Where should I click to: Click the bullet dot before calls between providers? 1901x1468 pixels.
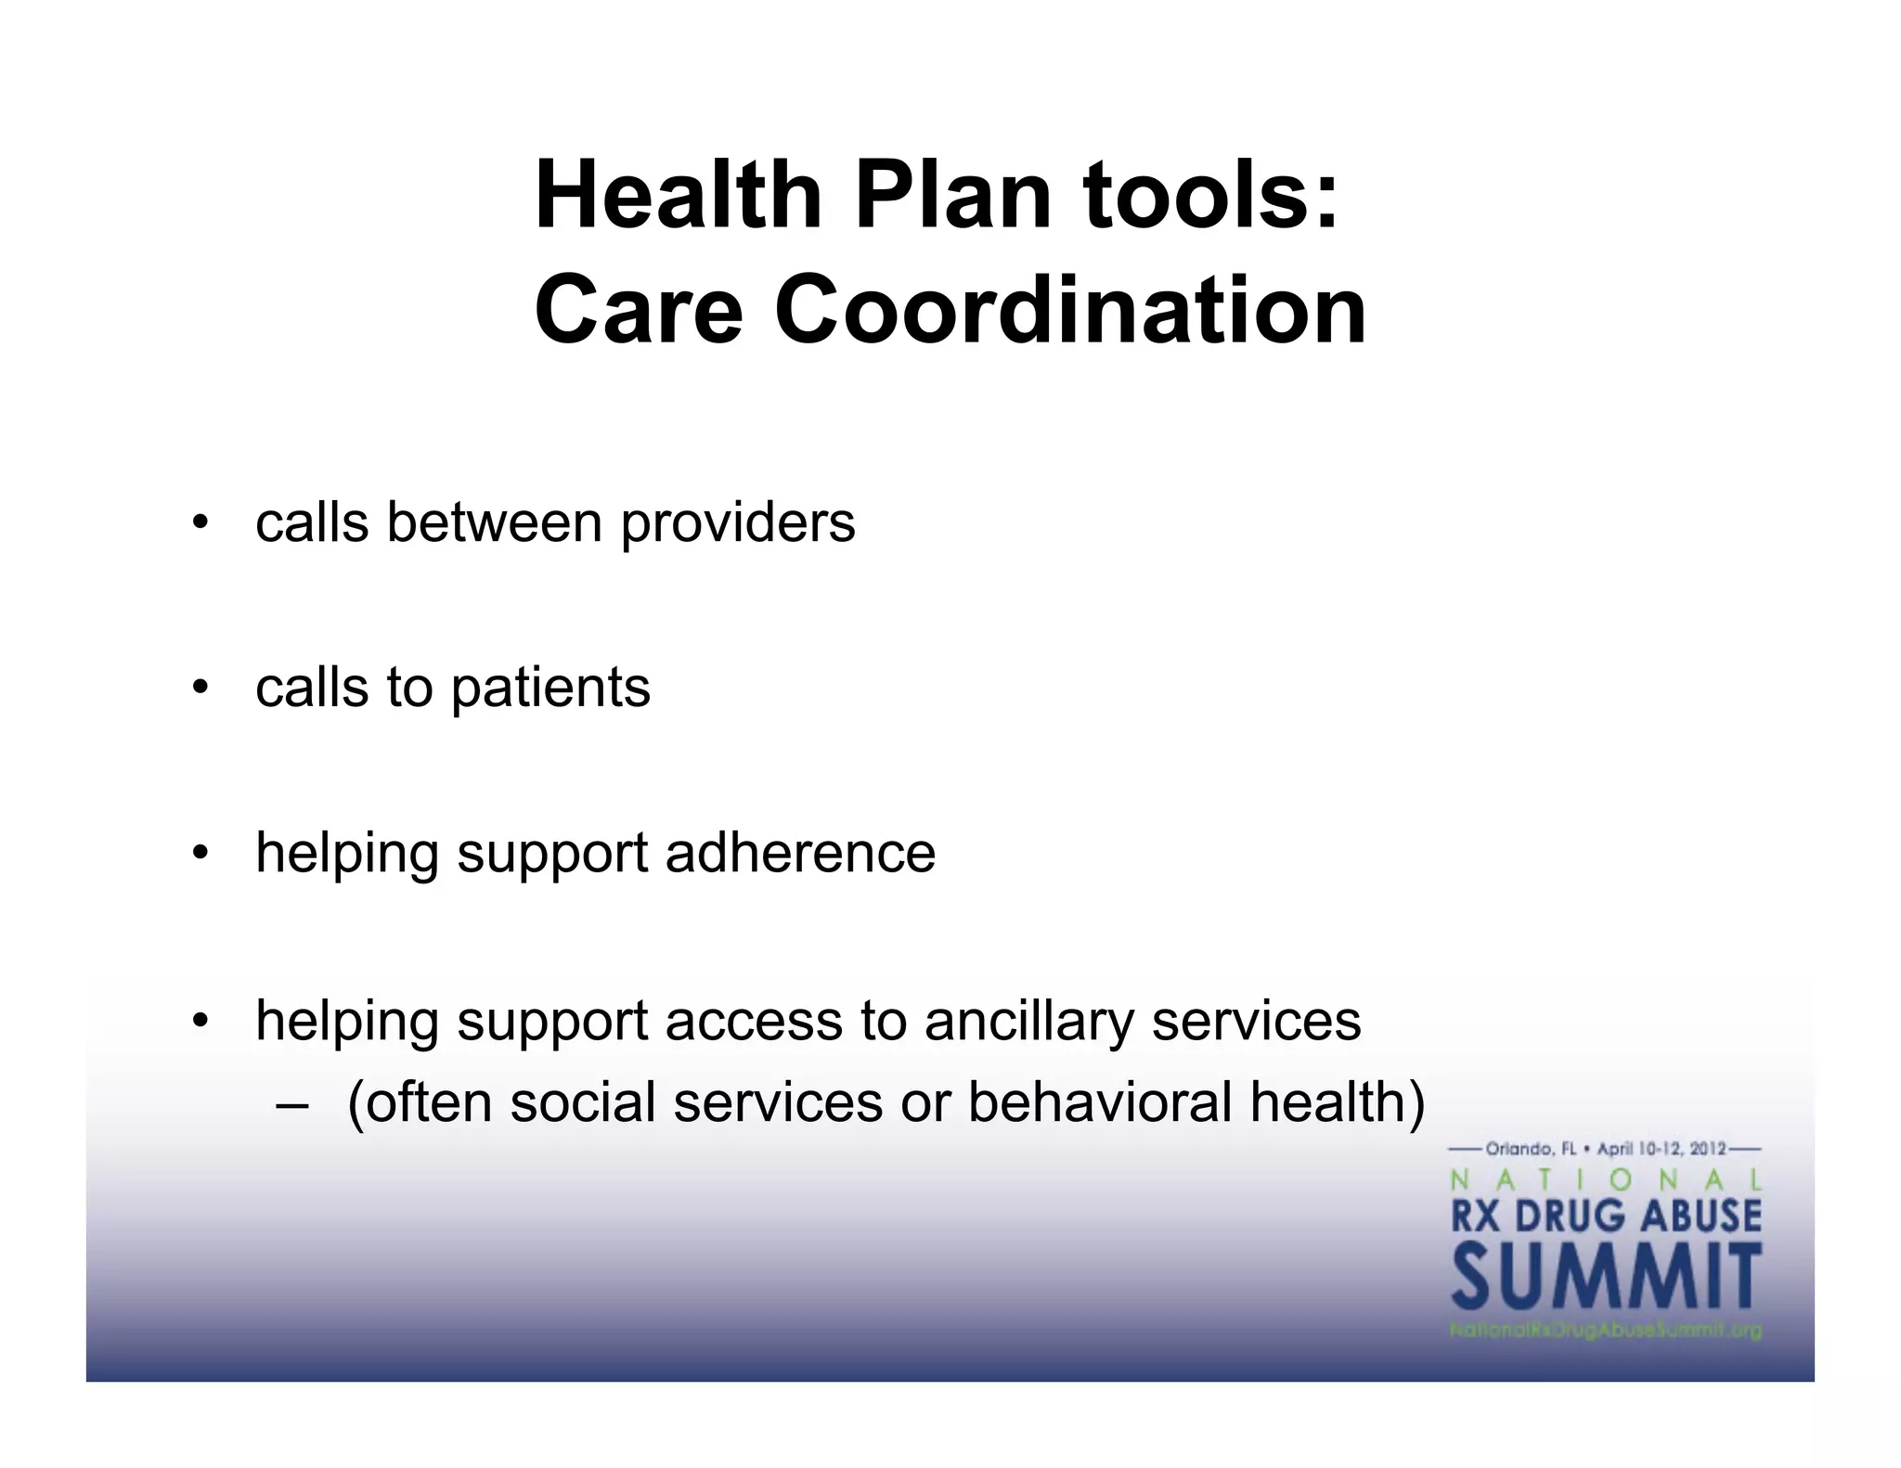pos(198,523)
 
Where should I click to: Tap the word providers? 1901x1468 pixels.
pos(738,523)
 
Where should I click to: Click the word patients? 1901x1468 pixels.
pos(550,689)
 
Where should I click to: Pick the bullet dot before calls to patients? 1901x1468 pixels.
pos(198,689)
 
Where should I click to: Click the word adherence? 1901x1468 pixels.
pos(800,853)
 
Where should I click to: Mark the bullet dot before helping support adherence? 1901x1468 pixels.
pos(198,854)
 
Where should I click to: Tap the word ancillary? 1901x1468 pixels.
pos(1028,1022)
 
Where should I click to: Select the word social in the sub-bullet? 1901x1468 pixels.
pos(583,1102)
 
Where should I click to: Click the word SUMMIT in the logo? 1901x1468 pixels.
pos(1606,1278)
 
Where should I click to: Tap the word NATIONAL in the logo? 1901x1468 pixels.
pos(1606,1180)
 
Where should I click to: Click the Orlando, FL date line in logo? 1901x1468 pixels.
pos(1606,1149)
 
